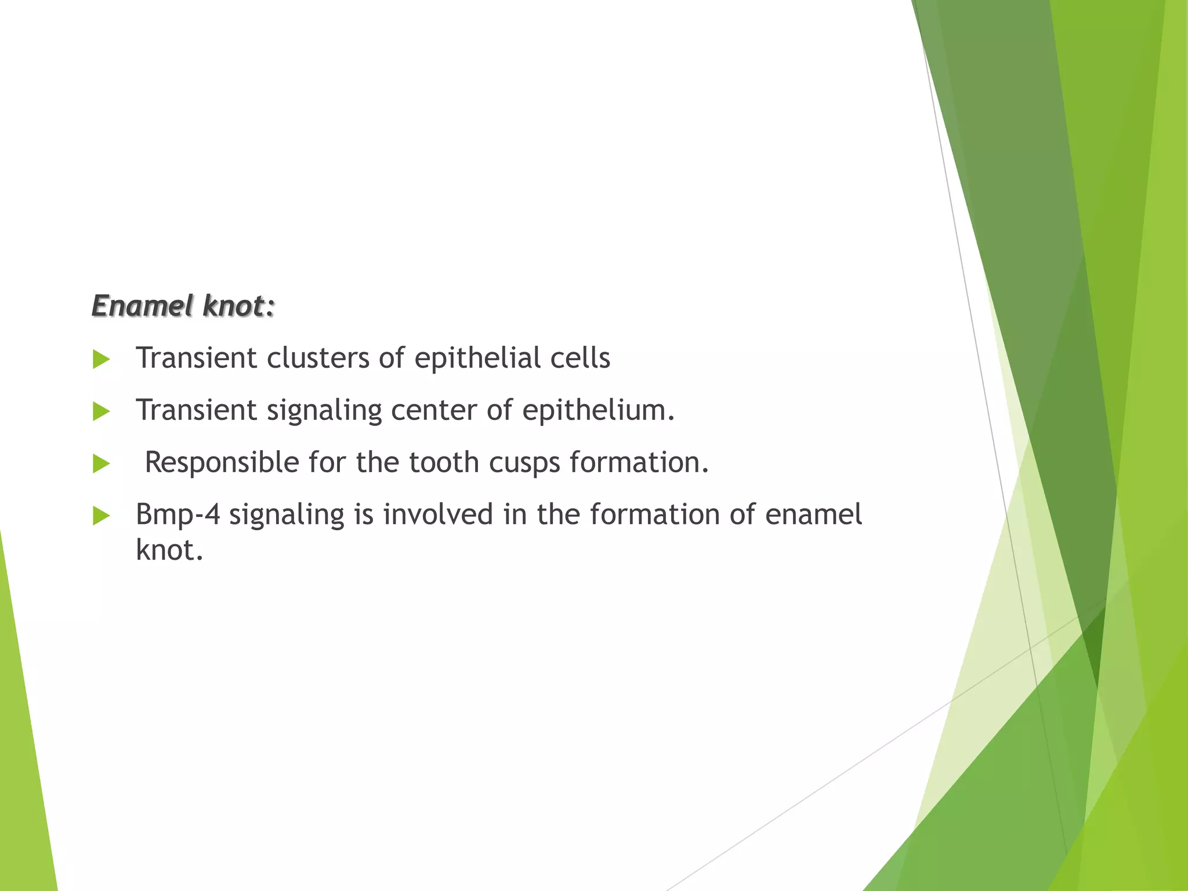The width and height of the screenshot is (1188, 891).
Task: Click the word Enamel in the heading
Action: point(142,306)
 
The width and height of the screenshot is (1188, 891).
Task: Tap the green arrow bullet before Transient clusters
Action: point(101,360)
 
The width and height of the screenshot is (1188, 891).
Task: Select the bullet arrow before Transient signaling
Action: point(101,412)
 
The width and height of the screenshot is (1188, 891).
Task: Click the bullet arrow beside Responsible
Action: point(101,464)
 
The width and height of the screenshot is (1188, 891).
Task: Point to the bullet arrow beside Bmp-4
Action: point(101,516)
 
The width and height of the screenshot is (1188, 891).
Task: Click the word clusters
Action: point(318,358)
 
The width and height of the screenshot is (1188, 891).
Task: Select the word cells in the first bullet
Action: point(580,358)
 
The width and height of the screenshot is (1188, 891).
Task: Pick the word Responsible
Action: point(222,462)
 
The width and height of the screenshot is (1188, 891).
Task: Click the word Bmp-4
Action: point(178,515)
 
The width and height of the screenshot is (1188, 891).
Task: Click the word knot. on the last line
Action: point(169,549)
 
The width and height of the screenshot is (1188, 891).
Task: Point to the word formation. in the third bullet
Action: point(639,462)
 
